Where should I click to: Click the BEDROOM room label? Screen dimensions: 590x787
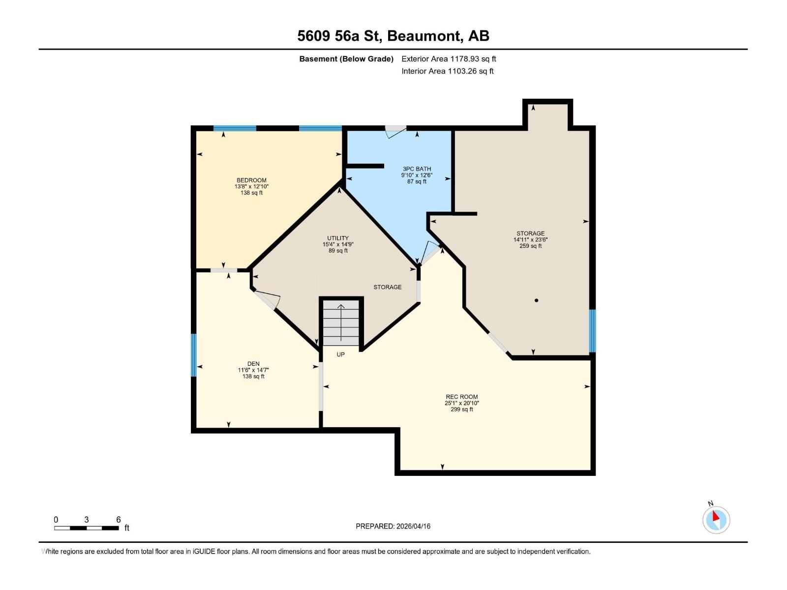[x=251, y=180]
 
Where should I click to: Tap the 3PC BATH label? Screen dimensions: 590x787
[x=417, y=169]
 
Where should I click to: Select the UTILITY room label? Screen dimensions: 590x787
[x=338, y=238]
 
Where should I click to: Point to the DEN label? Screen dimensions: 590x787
[x=253, y=364]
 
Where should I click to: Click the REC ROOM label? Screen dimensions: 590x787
[x=461, y=397]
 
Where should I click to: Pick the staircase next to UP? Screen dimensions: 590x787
[x=341, y=323]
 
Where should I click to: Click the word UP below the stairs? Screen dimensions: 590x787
[x=340, y=354]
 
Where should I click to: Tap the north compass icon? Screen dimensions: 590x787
[x=716, y=520]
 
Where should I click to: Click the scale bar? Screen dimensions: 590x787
[x=87, y=528]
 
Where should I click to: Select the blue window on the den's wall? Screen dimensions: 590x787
[x=194, y=355]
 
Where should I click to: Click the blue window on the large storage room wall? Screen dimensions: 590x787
[x=592, y=331]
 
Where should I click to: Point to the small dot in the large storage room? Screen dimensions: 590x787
[x=536, y=300]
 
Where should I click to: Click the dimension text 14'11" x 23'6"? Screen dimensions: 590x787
[x=530, y=240]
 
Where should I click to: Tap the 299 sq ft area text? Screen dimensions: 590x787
[x=461, y=410]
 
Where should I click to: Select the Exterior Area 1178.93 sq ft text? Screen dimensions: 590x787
[x=449, y=59]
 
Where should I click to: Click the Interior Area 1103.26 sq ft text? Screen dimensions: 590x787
[x=447, y=71]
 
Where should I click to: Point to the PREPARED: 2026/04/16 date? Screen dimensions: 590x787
[x=393, y=526]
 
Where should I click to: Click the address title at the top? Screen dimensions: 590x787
[x=393, y=36]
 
